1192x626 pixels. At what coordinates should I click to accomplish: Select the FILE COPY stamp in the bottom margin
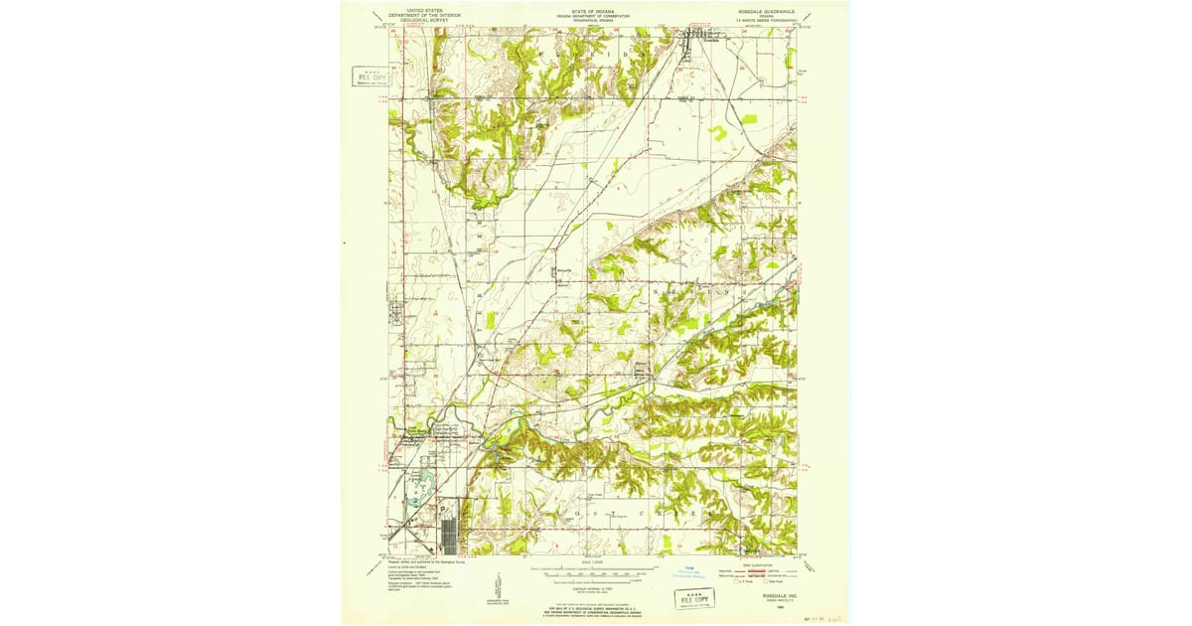coord(694,596)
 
